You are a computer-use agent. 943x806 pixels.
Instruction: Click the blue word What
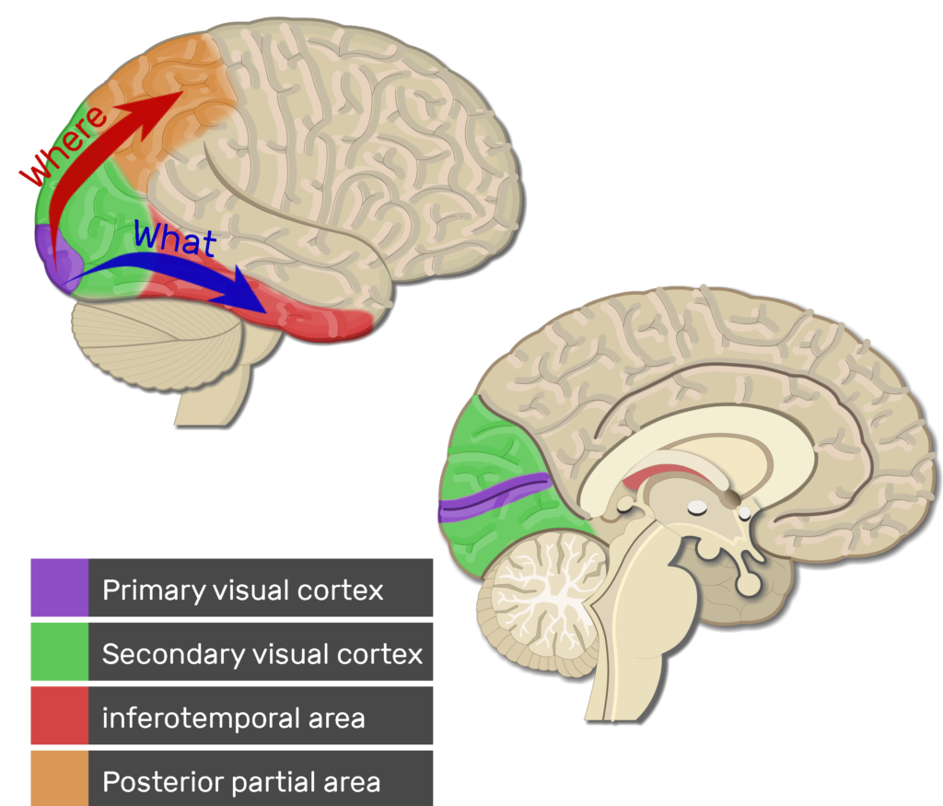pos(174,239)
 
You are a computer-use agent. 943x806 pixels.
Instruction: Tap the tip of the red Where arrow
pos(183,92)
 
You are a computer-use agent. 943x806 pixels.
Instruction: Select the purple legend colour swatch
pos(60,588)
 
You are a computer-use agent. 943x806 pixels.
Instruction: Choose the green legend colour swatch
pos(60,651)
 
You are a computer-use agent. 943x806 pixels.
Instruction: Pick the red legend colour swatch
pos(60,716)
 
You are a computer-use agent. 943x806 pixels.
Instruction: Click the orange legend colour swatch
pos(60,778)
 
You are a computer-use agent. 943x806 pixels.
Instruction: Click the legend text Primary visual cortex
pos(242,590)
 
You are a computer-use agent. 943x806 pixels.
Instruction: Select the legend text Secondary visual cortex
pos(262,654)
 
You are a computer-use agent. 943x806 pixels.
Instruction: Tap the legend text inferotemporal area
pos(233,718)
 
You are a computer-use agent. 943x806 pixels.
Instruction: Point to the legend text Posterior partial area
pos(241,782)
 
